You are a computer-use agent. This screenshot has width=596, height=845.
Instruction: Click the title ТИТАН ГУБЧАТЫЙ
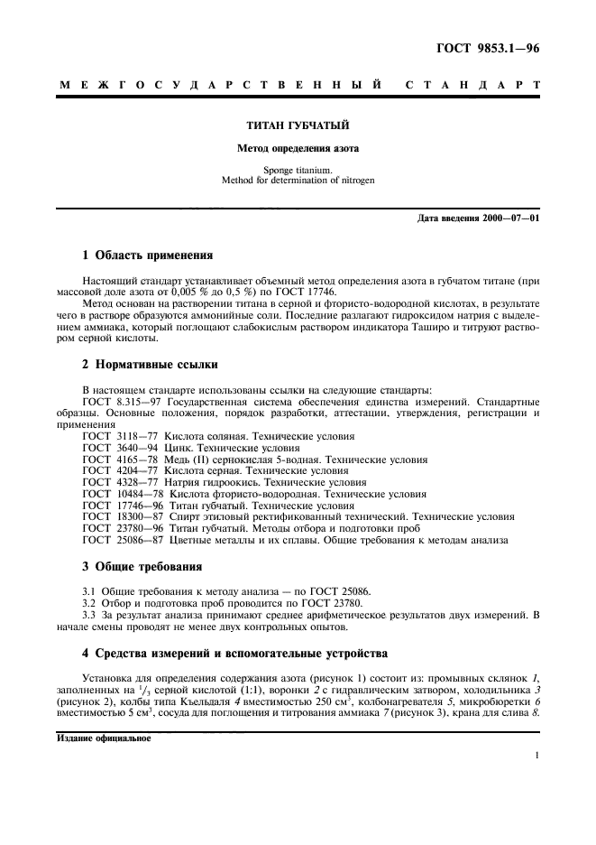tap(298, 125)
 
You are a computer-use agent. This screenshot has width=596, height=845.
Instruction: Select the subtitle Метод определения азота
tap(298, 147)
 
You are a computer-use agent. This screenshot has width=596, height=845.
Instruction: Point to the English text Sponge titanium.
tap(298, 169)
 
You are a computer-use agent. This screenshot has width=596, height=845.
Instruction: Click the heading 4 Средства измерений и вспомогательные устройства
tap(234, 650)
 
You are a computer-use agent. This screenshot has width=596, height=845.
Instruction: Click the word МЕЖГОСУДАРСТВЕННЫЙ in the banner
tap(217, 86)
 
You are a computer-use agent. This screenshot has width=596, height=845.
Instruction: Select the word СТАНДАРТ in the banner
tap(473, 86)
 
